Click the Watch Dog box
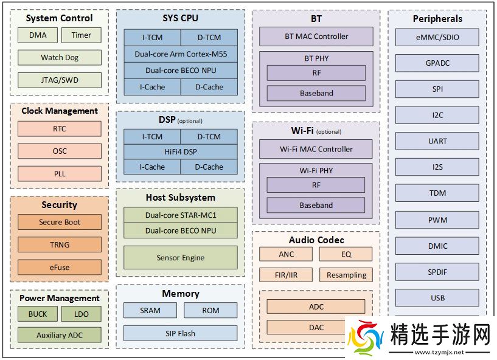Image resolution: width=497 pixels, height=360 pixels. tap(60, 58)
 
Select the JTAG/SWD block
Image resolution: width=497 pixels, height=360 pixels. tap(60, 80)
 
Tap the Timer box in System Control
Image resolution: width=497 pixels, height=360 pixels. tap(82, 35)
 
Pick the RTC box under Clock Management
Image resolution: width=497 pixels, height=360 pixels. tap(60, 129)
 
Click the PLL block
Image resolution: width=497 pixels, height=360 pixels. tap(60, 173)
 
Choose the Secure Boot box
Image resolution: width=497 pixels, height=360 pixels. tap(60, 222)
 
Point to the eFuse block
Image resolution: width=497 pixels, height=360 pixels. tap(60, 267)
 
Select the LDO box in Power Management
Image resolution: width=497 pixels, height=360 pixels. tap(82, 314)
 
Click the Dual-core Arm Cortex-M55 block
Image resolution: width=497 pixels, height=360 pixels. tap(181, 54)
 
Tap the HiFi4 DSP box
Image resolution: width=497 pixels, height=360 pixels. tap(181, 151)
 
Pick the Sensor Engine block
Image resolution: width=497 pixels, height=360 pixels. tap(181, 258)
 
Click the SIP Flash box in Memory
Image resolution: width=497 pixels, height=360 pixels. tap(181, 333)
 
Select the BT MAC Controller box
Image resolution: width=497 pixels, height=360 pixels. tap(316, 36)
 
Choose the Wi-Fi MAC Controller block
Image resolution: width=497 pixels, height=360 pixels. tap(316, 149)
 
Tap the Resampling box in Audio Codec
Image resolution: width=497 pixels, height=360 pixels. tap(346, 275)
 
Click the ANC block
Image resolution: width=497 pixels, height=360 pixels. tap(286, 254)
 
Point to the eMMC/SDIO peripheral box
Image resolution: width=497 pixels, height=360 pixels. tap(437, 37)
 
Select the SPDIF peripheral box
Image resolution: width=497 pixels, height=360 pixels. tap(437, 272)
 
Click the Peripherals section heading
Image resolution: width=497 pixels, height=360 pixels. tap(437, 19)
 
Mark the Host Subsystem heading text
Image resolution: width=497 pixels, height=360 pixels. tap(181, 198)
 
